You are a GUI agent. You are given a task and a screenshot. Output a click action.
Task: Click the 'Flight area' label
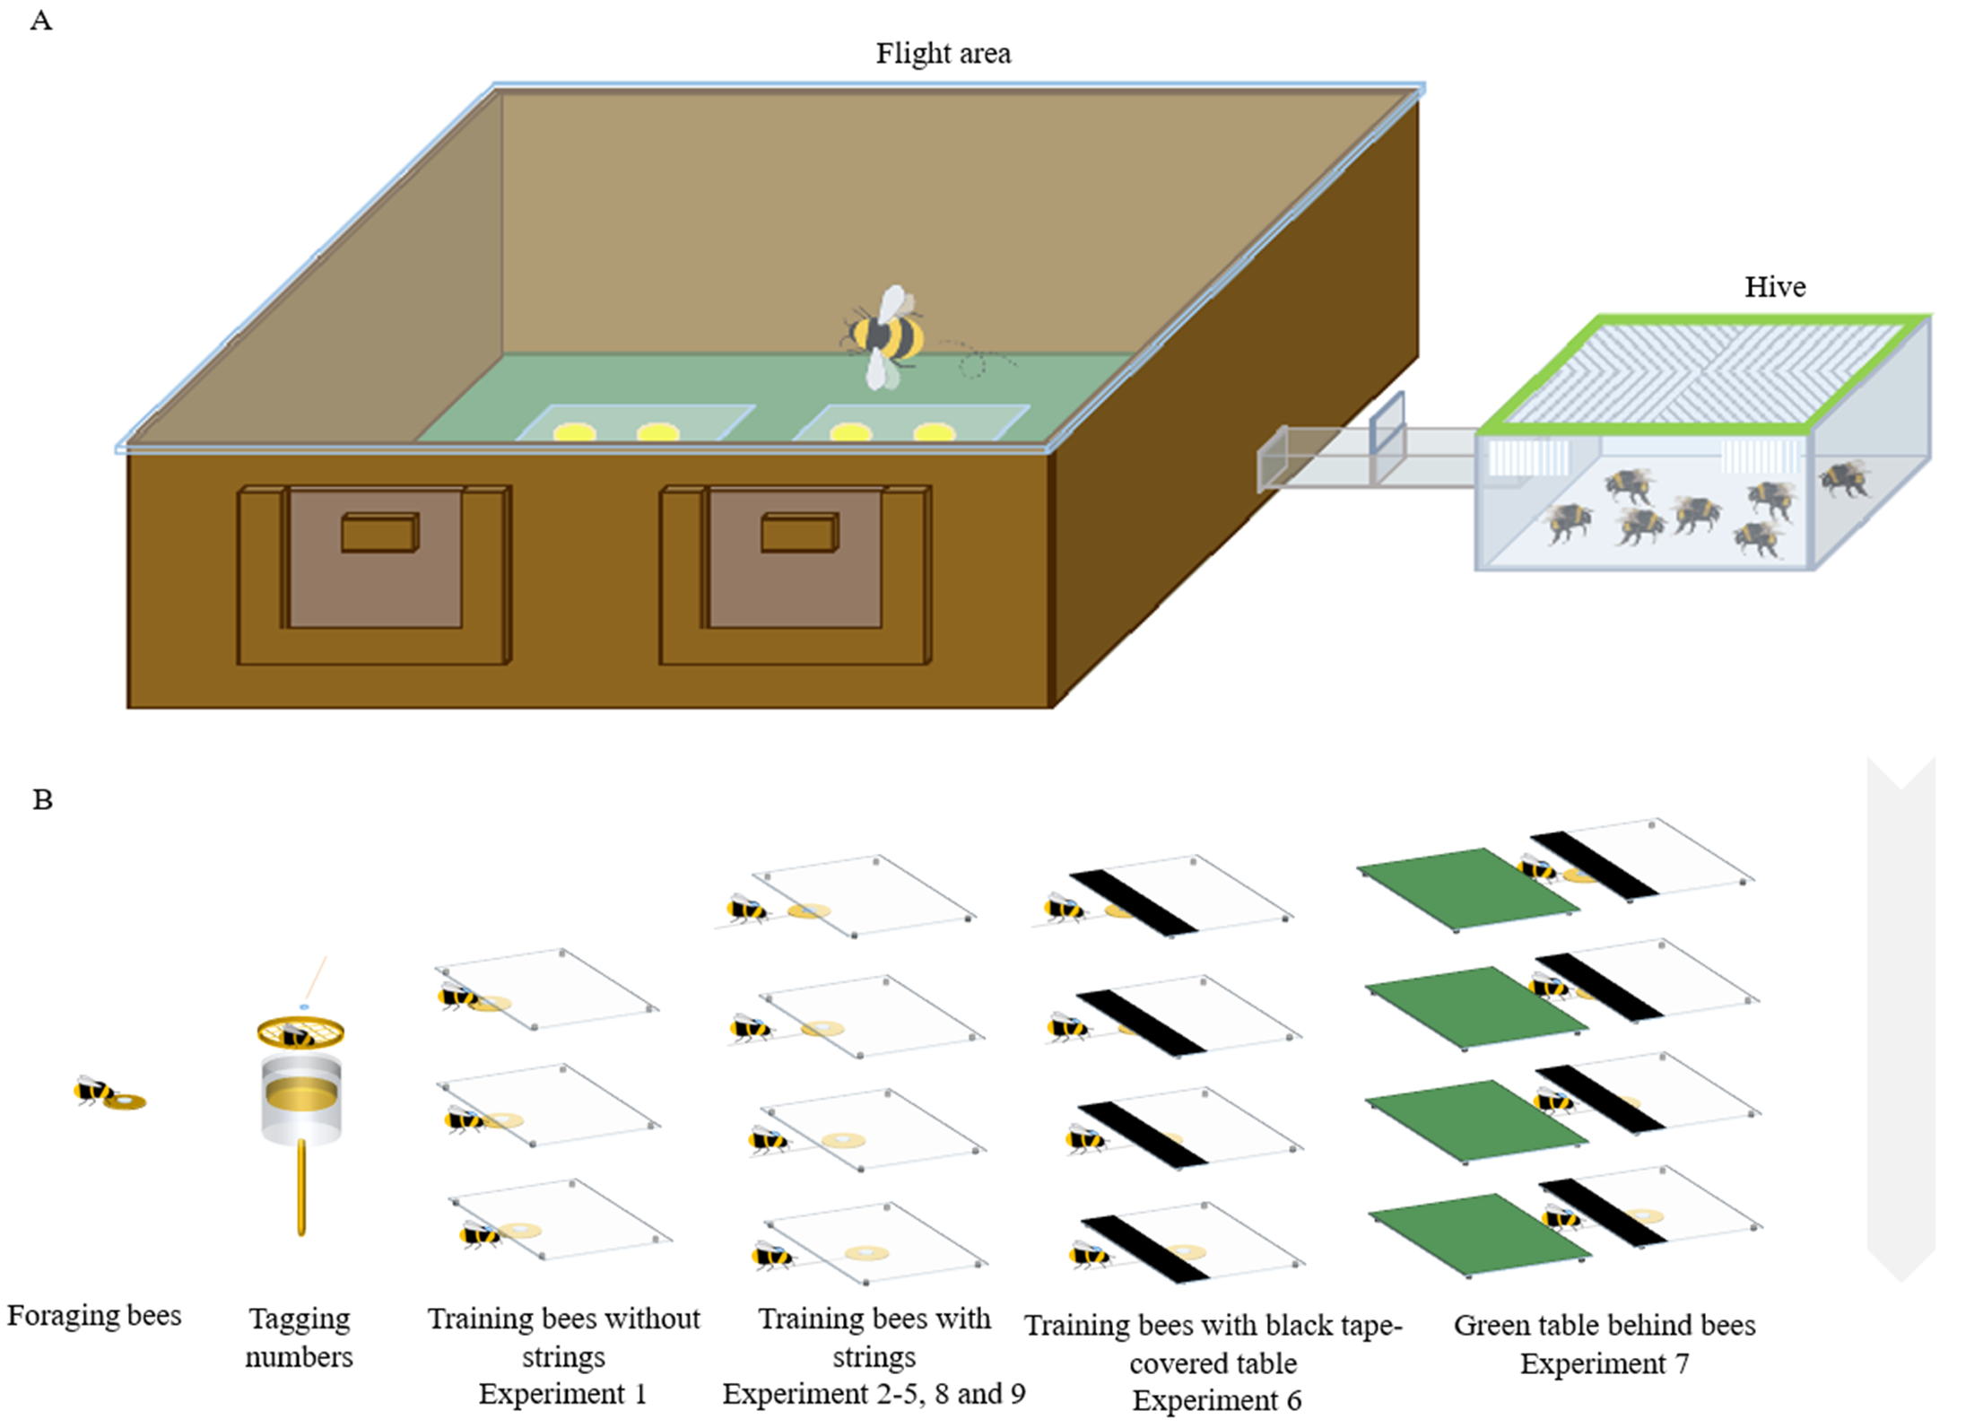(x=943, y=54)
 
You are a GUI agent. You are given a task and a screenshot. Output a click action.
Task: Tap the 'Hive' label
(x=1774, y=287)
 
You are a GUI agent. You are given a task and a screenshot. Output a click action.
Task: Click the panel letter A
(x=41, y=21)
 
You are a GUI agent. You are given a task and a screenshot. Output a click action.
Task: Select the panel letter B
(x=42, y=799)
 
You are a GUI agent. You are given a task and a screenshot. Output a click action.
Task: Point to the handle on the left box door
(x=379, y=532)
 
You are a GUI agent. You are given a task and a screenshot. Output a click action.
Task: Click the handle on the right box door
(x=800, y=532)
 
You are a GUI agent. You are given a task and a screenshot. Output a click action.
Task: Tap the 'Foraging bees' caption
(x=94, y=1315)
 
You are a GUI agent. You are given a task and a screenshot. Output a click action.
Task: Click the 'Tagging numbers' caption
(x=299, y=1337)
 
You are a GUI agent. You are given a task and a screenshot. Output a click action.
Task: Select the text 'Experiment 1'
(x=562, y=1393)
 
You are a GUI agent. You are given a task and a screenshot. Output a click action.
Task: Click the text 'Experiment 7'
(x=1604, y=1363)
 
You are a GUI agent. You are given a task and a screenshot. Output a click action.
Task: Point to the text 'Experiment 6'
(x=1216, y=1399)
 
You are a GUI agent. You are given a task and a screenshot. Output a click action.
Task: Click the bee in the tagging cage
(x=298, y=1035)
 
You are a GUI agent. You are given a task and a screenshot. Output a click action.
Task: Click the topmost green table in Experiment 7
(x=1466, y=888)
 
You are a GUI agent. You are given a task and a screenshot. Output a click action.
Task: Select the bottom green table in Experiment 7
(x=1480, y=1233)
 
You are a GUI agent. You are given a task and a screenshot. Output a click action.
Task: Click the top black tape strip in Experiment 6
(x=1134, y=901)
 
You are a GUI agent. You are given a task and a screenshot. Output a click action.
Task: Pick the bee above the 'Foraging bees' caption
(x=92, y=1090)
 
